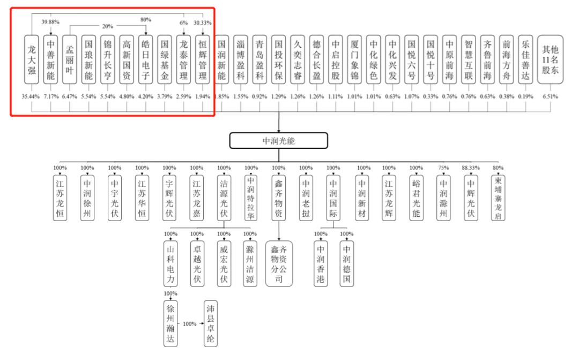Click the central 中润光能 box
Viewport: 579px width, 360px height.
(x=278, y=141)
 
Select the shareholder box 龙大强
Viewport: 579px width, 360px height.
(x=32, y=60)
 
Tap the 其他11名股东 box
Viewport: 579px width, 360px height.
(x=550, y=60)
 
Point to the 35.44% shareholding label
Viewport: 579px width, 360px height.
(x=31, y=97)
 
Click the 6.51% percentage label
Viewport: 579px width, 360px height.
(x=550, y=97)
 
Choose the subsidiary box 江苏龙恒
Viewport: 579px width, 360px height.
(x=60, y=198)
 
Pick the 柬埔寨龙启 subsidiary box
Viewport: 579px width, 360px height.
(x=498, y=198)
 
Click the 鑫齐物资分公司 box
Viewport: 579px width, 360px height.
(x=279, y=264)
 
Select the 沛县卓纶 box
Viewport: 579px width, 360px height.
(x=211, y=324)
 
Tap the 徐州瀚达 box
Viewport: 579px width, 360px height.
(x=170, y=324)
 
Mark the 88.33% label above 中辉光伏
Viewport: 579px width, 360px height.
(x=471, y=168)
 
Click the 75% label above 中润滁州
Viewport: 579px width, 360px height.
(x=443, y=168)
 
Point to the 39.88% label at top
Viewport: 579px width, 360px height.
(x=50, y=22)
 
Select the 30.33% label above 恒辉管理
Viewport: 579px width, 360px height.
(x=202, y=23)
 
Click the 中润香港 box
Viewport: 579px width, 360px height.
(x=321, y=264)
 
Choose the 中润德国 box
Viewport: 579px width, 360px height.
(x=347, y=264)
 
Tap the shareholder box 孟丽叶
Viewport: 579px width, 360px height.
(x=69, y=60)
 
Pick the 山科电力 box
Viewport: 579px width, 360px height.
(x=170, y=264)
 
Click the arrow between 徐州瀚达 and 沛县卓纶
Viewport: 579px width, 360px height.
(x=190, y=324)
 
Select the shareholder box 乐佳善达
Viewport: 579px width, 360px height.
(x=525, y=60)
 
